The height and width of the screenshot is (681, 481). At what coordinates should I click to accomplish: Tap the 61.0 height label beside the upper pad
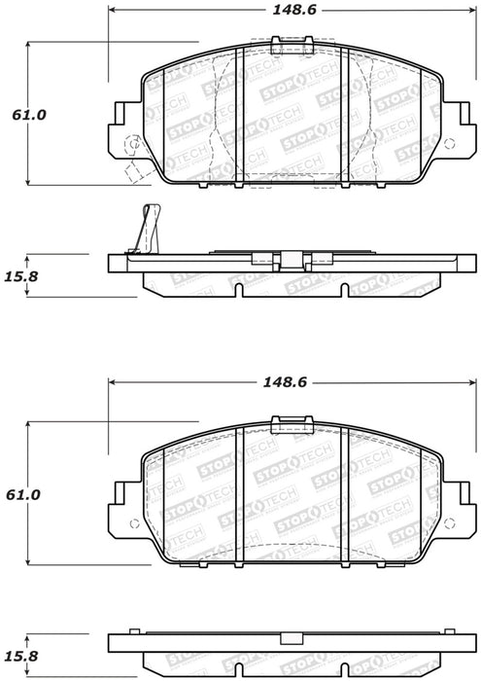[29, 115]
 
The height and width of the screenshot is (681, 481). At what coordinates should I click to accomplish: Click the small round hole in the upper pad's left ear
[133, 142]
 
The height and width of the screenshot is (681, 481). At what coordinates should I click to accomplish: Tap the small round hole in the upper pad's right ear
[448, 142]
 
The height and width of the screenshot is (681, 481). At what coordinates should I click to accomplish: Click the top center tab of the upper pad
[291, 45]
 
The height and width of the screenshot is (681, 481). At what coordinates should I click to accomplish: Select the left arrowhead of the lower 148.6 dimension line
[111, 381]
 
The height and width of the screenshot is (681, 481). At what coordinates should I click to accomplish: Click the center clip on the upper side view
[289, 260]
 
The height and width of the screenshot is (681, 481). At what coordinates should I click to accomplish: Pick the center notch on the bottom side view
[289, 638]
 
